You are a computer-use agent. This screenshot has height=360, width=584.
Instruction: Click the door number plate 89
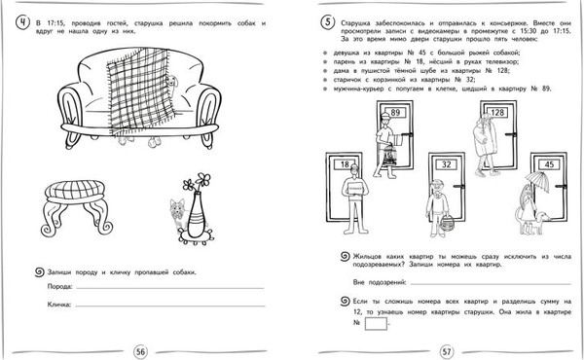396,113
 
